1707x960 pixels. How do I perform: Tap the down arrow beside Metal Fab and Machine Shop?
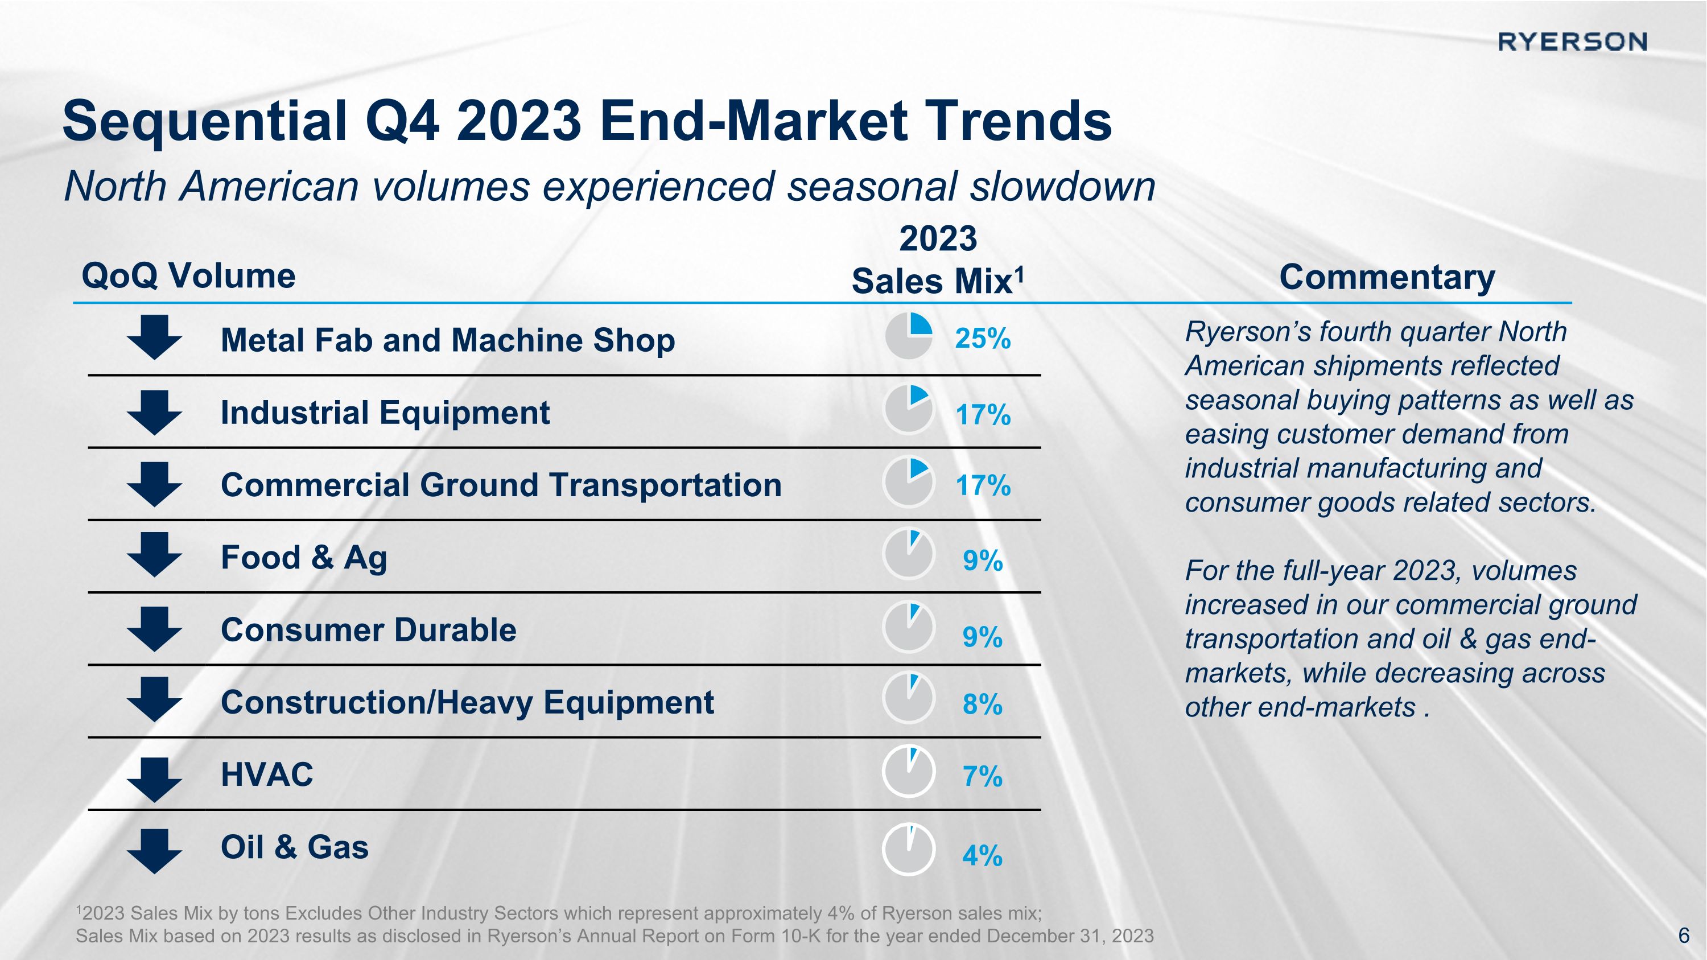154,337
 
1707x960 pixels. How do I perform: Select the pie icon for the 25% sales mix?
909,336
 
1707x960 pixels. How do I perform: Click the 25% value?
983,339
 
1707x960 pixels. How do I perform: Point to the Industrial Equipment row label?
385,412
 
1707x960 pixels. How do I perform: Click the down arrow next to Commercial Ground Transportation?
154,485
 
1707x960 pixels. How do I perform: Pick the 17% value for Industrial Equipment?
983,415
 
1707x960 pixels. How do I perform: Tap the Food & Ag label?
303,558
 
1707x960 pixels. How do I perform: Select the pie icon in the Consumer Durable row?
909,626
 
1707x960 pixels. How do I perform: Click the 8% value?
982,704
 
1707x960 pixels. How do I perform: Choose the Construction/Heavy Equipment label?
467,702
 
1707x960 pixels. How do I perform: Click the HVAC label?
266,774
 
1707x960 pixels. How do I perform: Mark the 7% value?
982,777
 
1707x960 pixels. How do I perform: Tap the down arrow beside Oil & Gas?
154,851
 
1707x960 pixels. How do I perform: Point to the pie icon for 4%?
909,850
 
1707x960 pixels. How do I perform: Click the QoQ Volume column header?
188,275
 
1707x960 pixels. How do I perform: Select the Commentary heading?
1387,277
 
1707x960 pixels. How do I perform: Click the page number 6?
1684,935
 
